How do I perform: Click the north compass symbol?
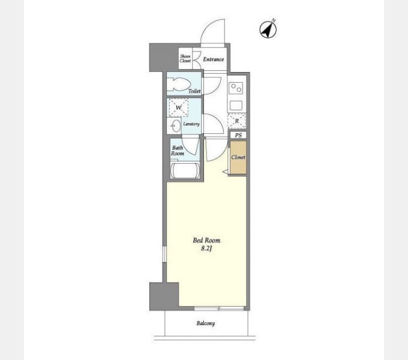(268, 29)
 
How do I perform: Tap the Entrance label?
(214, 59)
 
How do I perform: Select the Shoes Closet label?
(185, 59)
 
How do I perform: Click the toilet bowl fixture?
(179, 84)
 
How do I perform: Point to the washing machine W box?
(179, 107)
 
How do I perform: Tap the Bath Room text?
(178, 151)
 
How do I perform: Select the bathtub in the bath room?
(185, 170)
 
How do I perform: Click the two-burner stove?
(236, 88)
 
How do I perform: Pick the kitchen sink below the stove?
(236, 106)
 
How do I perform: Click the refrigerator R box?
(237, 121)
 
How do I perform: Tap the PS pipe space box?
(238, 135)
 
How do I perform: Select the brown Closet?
(238, 157)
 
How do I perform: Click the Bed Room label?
(206, 241)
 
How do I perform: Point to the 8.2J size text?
(206, 248)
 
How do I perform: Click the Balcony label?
(206, 323)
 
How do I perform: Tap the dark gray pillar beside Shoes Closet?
(164, 58)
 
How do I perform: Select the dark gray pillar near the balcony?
(164, 296)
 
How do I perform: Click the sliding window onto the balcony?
(219, 308)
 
